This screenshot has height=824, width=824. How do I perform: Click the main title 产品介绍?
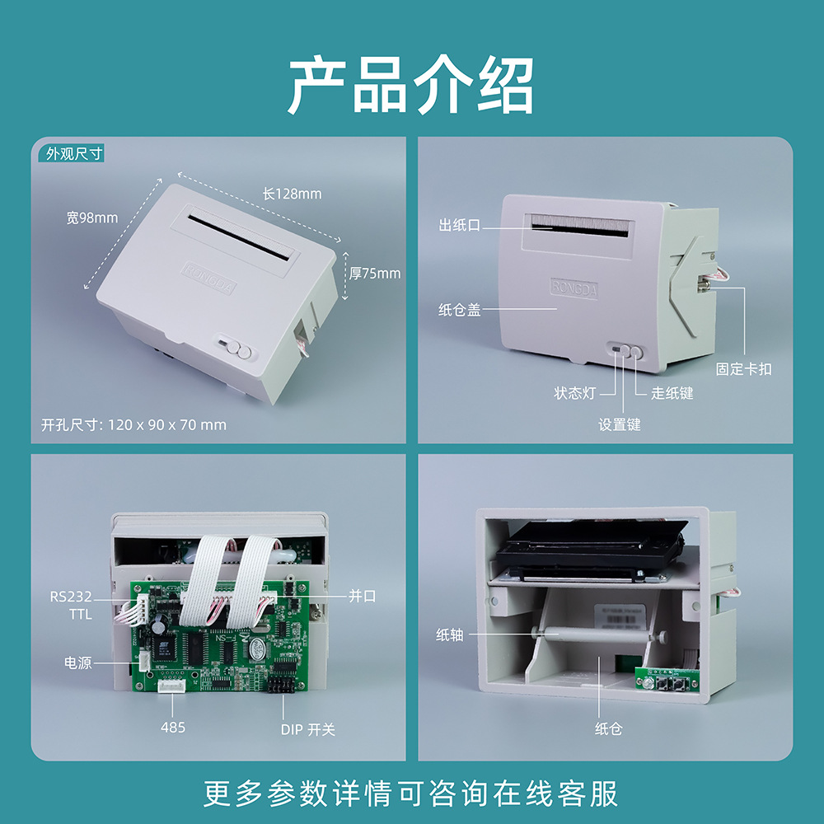click(x=411, y=86)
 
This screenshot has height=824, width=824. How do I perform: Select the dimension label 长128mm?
click(x=292, y=194)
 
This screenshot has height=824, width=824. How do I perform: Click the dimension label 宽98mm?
click(x=92, y=218)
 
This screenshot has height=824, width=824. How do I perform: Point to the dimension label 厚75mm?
click(x=375, y=273)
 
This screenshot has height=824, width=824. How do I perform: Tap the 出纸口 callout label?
click(x=460, y=225)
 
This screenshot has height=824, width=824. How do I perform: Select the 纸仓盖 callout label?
click(x=460, y=310)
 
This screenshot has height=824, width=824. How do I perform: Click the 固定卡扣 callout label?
click(x=743, y=369)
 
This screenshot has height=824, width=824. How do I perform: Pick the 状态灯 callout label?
click(x=574, y=393)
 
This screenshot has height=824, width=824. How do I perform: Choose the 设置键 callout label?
click(x=619, y=424)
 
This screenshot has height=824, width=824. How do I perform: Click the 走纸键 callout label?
click(x=672, y=393)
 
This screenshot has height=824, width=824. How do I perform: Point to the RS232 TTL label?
click(x=71, y=605)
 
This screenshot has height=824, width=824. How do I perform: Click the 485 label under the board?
click(x=173, y=727)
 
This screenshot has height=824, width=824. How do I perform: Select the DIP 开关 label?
click(x=307, y=729)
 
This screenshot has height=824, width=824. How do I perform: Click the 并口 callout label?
click(x=362, y=596)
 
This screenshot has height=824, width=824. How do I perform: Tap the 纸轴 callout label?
click(x=450, y=634)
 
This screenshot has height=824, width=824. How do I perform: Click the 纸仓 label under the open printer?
click(x=608, y=729)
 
